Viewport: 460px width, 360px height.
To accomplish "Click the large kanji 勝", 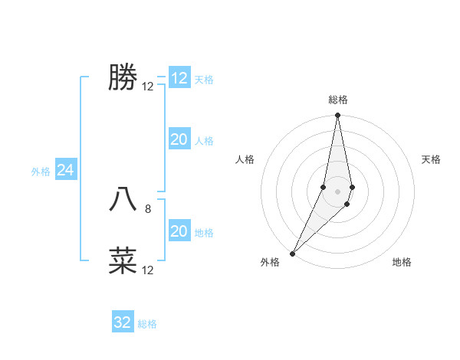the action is coord(123,78).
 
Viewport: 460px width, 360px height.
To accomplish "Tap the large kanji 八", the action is coord(123,199).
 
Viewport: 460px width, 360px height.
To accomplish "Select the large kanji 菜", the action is coord(123,260).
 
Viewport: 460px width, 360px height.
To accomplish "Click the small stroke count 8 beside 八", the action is coord(148,208).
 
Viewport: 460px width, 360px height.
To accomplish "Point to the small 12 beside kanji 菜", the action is coord(148,270).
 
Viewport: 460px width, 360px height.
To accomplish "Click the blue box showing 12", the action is coord(179,78).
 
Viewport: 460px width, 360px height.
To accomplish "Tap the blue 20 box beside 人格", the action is coord(179,139).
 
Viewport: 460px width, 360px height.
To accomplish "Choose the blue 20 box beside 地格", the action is coord(179,231).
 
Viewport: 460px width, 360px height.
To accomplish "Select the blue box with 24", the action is coord(66,171).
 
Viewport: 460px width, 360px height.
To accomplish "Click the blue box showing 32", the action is coord(123,322).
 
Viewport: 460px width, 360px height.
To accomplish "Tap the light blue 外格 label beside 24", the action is coord(41,172).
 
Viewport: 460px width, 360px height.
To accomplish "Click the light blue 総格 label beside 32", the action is coord(147,324).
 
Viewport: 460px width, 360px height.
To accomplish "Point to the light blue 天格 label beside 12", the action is coord(204,79).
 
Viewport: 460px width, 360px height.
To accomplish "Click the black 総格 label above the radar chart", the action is coord(337,100).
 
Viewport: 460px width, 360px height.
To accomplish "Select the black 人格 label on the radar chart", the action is coord(245,159).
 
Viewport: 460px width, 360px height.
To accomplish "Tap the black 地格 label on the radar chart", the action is coord(402,262).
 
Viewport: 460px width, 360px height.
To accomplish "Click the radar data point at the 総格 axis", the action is coord(337,116).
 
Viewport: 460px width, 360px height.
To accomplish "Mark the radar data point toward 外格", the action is coord(292,253).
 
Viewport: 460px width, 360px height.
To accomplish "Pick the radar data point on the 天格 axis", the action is coord(352,187).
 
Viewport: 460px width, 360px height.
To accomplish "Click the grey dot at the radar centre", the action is coord(337,191).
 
